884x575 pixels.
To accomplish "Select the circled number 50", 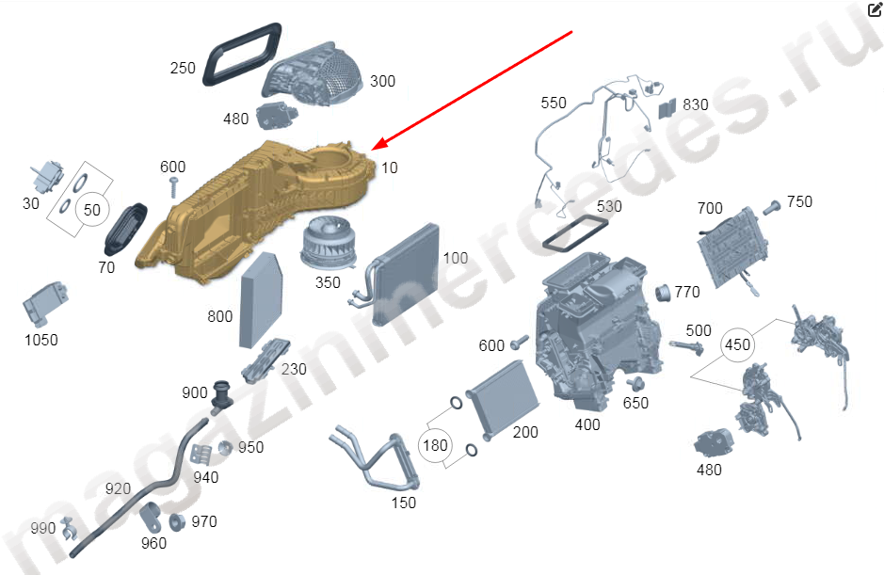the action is pyautogui.click(x=92, y=210).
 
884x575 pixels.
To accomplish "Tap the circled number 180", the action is pyautogui.click(x=435, y=445).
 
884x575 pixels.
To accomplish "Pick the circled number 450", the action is pyautogui.click(x=737, y=343).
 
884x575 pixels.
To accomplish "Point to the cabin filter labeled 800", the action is pyautogui.click(x=261, y=299).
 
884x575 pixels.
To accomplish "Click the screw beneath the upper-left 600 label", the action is pyautogui.click(x=173, y=186).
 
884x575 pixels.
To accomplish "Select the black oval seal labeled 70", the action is pyautogui.click(x=125, y=230).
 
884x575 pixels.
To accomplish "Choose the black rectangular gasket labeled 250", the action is pyautogui.click(x=242, y=55).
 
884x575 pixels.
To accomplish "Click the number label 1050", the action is pyautogui.click(x=41, y=340).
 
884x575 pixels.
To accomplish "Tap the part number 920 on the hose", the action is pyautogui.click(x=118, y=488).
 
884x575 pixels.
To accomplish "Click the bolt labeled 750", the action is pyautogui.click(x=772, y=207).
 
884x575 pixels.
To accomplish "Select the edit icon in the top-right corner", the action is pyautogui.click(x=875, y=9).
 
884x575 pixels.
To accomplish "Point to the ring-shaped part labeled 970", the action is pyautogui.click(x=177, y=522).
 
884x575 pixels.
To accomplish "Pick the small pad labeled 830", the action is pyautogui.click(x=667, y=108).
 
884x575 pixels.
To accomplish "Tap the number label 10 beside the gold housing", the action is pyautogui.click(x=389, y=168).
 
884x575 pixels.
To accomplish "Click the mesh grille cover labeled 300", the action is pyautogui.click(x=312, y=73).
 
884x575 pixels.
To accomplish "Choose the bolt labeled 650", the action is pyautogui.click(x=636, y=383).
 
